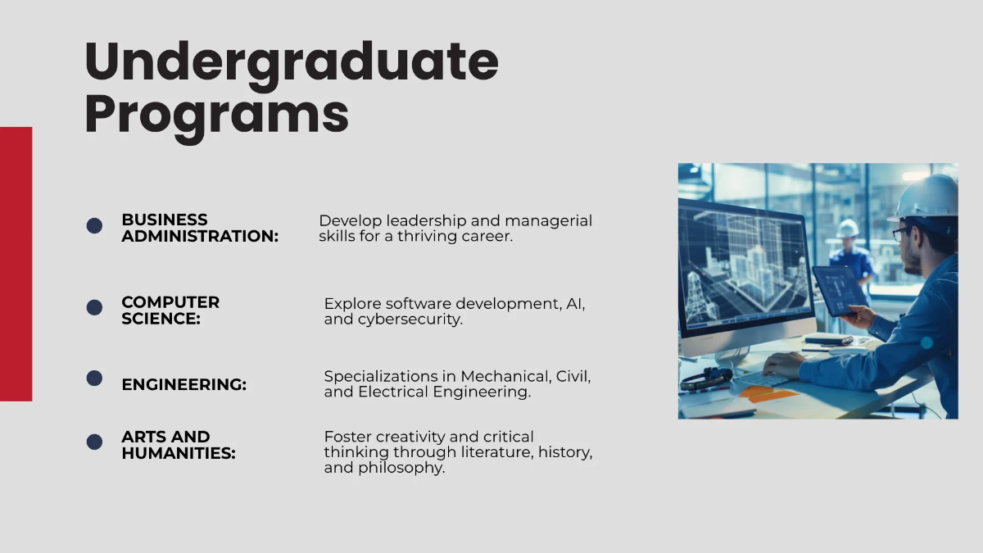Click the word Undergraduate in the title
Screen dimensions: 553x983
(x=292, y=62)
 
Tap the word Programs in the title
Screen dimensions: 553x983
(x=216, y=115)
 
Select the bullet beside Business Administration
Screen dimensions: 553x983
(x=94, y=225)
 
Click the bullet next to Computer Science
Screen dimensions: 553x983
(x=94, y=307)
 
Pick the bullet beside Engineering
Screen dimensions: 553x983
(x=94, y=378)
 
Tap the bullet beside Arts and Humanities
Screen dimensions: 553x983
(x=94, y=442)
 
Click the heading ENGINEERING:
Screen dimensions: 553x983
(x=183, y=384)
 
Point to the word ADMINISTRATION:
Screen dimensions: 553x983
(x=200, y=237)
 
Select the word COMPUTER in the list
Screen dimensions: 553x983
(x=170, y=302)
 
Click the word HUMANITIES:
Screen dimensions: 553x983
(x=178, y=452)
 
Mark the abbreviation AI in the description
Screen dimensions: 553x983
(x=574, y=304)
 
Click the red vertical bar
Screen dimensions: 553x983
(x=16, y=264)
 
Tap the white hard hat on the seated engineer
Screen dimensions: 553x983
(x=928, y=197)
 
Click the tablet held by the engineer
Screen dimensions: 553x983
(x=839, y=290)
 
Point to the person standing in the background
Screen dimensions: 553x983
(x=850, y=254)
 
